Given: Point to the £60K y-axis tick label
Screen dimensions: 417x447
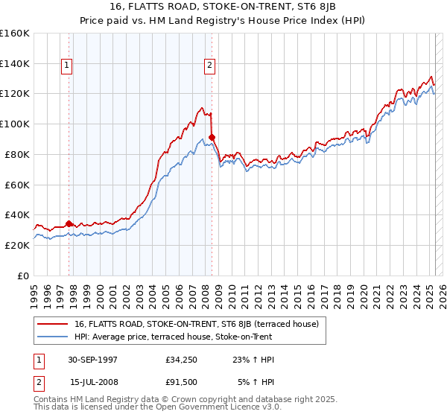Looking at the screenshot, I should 16,185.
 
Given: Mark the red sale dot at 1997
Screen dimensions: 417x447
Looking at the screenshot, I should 69,223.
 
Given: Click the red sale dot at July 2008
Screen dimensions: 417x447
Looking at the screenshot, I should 212,137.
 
